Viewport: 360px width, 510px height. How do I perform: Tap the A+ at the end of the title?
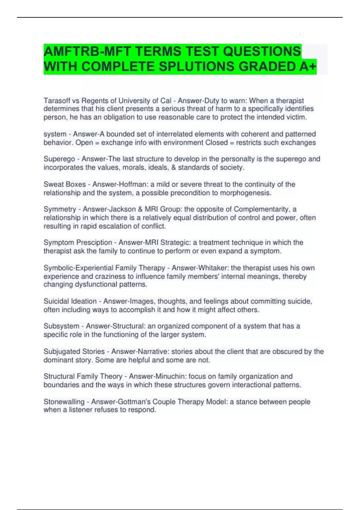coord(307,67)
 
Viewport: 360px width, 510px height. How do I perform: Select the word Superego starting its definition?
coord(59,159)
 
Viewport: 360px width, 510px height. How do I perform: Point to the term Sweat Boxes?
coord(64,184)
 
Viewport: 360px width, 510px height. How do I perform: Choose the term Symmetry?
coord(60,209)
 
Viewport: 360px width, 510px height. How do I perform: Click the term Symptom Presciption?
coord(78,242)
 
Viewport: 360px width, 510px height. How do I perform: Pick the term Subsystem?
coord(61,326)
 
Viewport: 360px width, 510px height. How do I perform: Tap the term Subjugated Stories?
coord(74,351)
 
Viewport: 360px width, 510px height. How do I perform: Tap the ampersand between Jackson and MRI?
coord(140,209)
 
